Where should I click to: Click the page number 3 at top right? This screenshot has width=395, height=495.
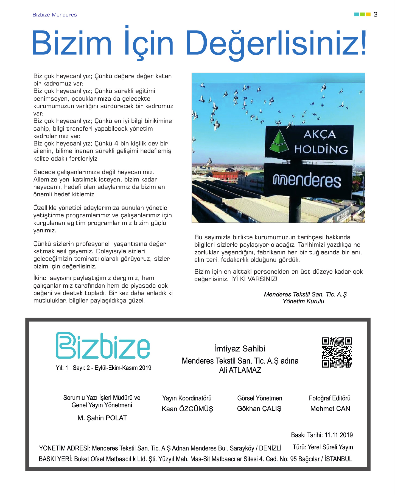pos(376,14)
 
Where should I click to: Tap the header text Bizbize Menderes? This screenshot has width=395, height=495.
pos(55,15)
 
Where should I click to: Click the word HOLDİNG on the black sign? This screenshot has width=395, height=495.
pos(321,149)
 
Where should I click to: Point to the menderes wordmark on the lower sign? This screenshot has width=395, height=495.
pos(307,180)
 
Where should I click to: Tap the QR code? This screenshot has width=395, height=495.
pos(337,352)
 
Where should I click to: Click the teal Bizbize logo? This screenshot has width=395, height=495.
pos(103,346)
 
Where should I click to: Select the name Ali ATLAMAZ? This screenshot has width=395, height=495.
pos(240,370)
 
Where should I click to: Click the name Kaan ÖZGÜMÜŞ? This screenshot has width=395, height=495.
pos(187,409)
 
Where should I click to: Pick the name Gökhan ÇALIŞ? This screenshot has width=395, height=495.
pos(259,408)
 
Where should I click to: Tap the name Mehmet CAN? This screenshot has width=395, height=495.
pos(330,408)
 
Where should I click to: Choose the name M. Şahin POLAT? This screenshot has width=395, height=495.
pos(102,418)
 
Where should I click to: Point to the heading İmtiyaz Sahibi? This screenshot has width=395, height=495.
pos(240,348)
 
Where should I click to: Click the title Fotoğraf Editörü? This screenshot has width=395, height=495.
pos(330,398)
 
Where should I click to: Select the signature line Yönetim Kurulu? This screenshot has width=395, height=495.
pos(303,301)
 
